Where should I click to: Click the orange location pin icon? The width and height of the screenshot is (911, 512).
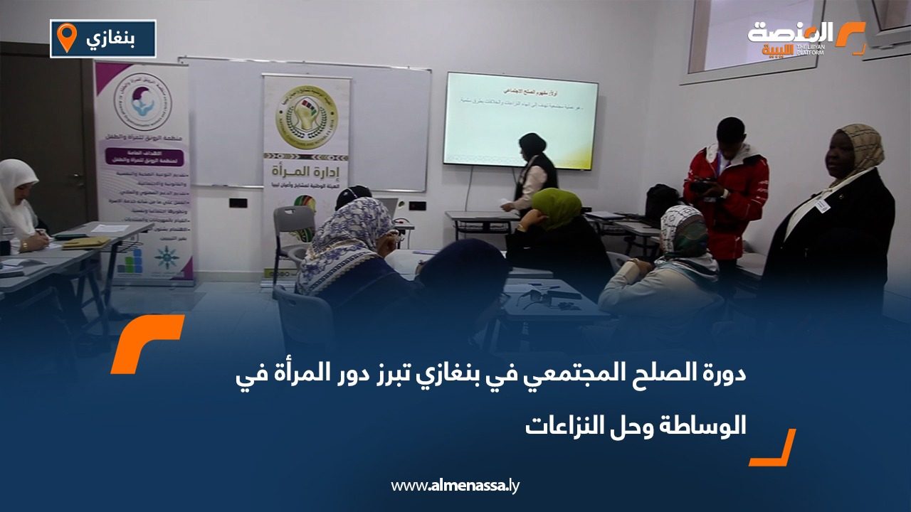click(x=66, y=38)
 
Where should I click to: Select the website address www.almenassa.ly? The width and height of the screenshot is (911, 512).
click(x=455, y=486)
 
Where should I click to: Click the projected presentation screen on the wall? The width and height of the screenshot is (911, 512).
click(x=521, y=121)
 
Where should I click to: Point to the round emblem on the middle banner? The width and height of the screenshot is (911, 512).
click(x=306, y=117)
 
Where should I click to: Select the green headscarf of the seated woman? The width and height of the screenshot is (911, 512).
click(x=556, y=206)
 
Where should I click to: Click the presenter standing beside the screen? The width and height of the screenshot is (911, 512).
click(x=532, y=174)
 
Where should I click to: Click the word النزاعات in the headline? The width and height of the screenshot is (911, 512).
click(x=563, y=425)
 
